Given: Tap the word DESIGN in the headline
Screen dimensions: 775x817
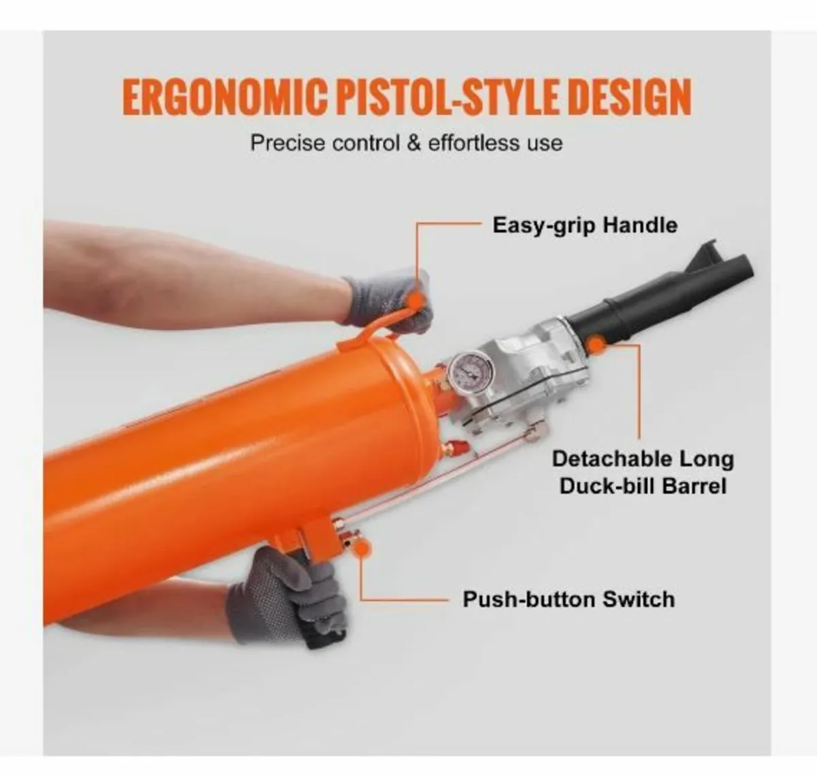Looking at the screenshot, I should click(x=629, y=97).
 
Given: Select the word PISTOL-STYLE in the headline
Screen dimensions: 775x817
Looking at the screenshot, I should click(x=443, y=97).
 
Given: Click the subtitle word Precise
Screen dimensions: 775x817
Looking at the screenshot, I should click(x=287, y=144).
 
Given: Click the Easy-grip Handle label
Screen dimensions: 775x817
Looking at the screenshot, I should click(x=585, y=225).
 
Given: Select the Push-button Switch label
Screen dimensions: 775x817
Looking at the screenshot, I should click(x=568, y=599).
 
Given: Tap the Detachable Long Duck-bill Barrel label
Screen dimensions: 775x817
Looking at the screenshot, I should click(x=643, y=472).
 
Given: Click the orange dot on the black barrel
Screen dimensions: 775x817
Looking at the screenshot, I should click(x=596, y=345).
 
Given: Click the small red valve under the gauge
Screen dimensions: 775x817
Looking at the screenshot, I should click(x=452, y=448).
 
